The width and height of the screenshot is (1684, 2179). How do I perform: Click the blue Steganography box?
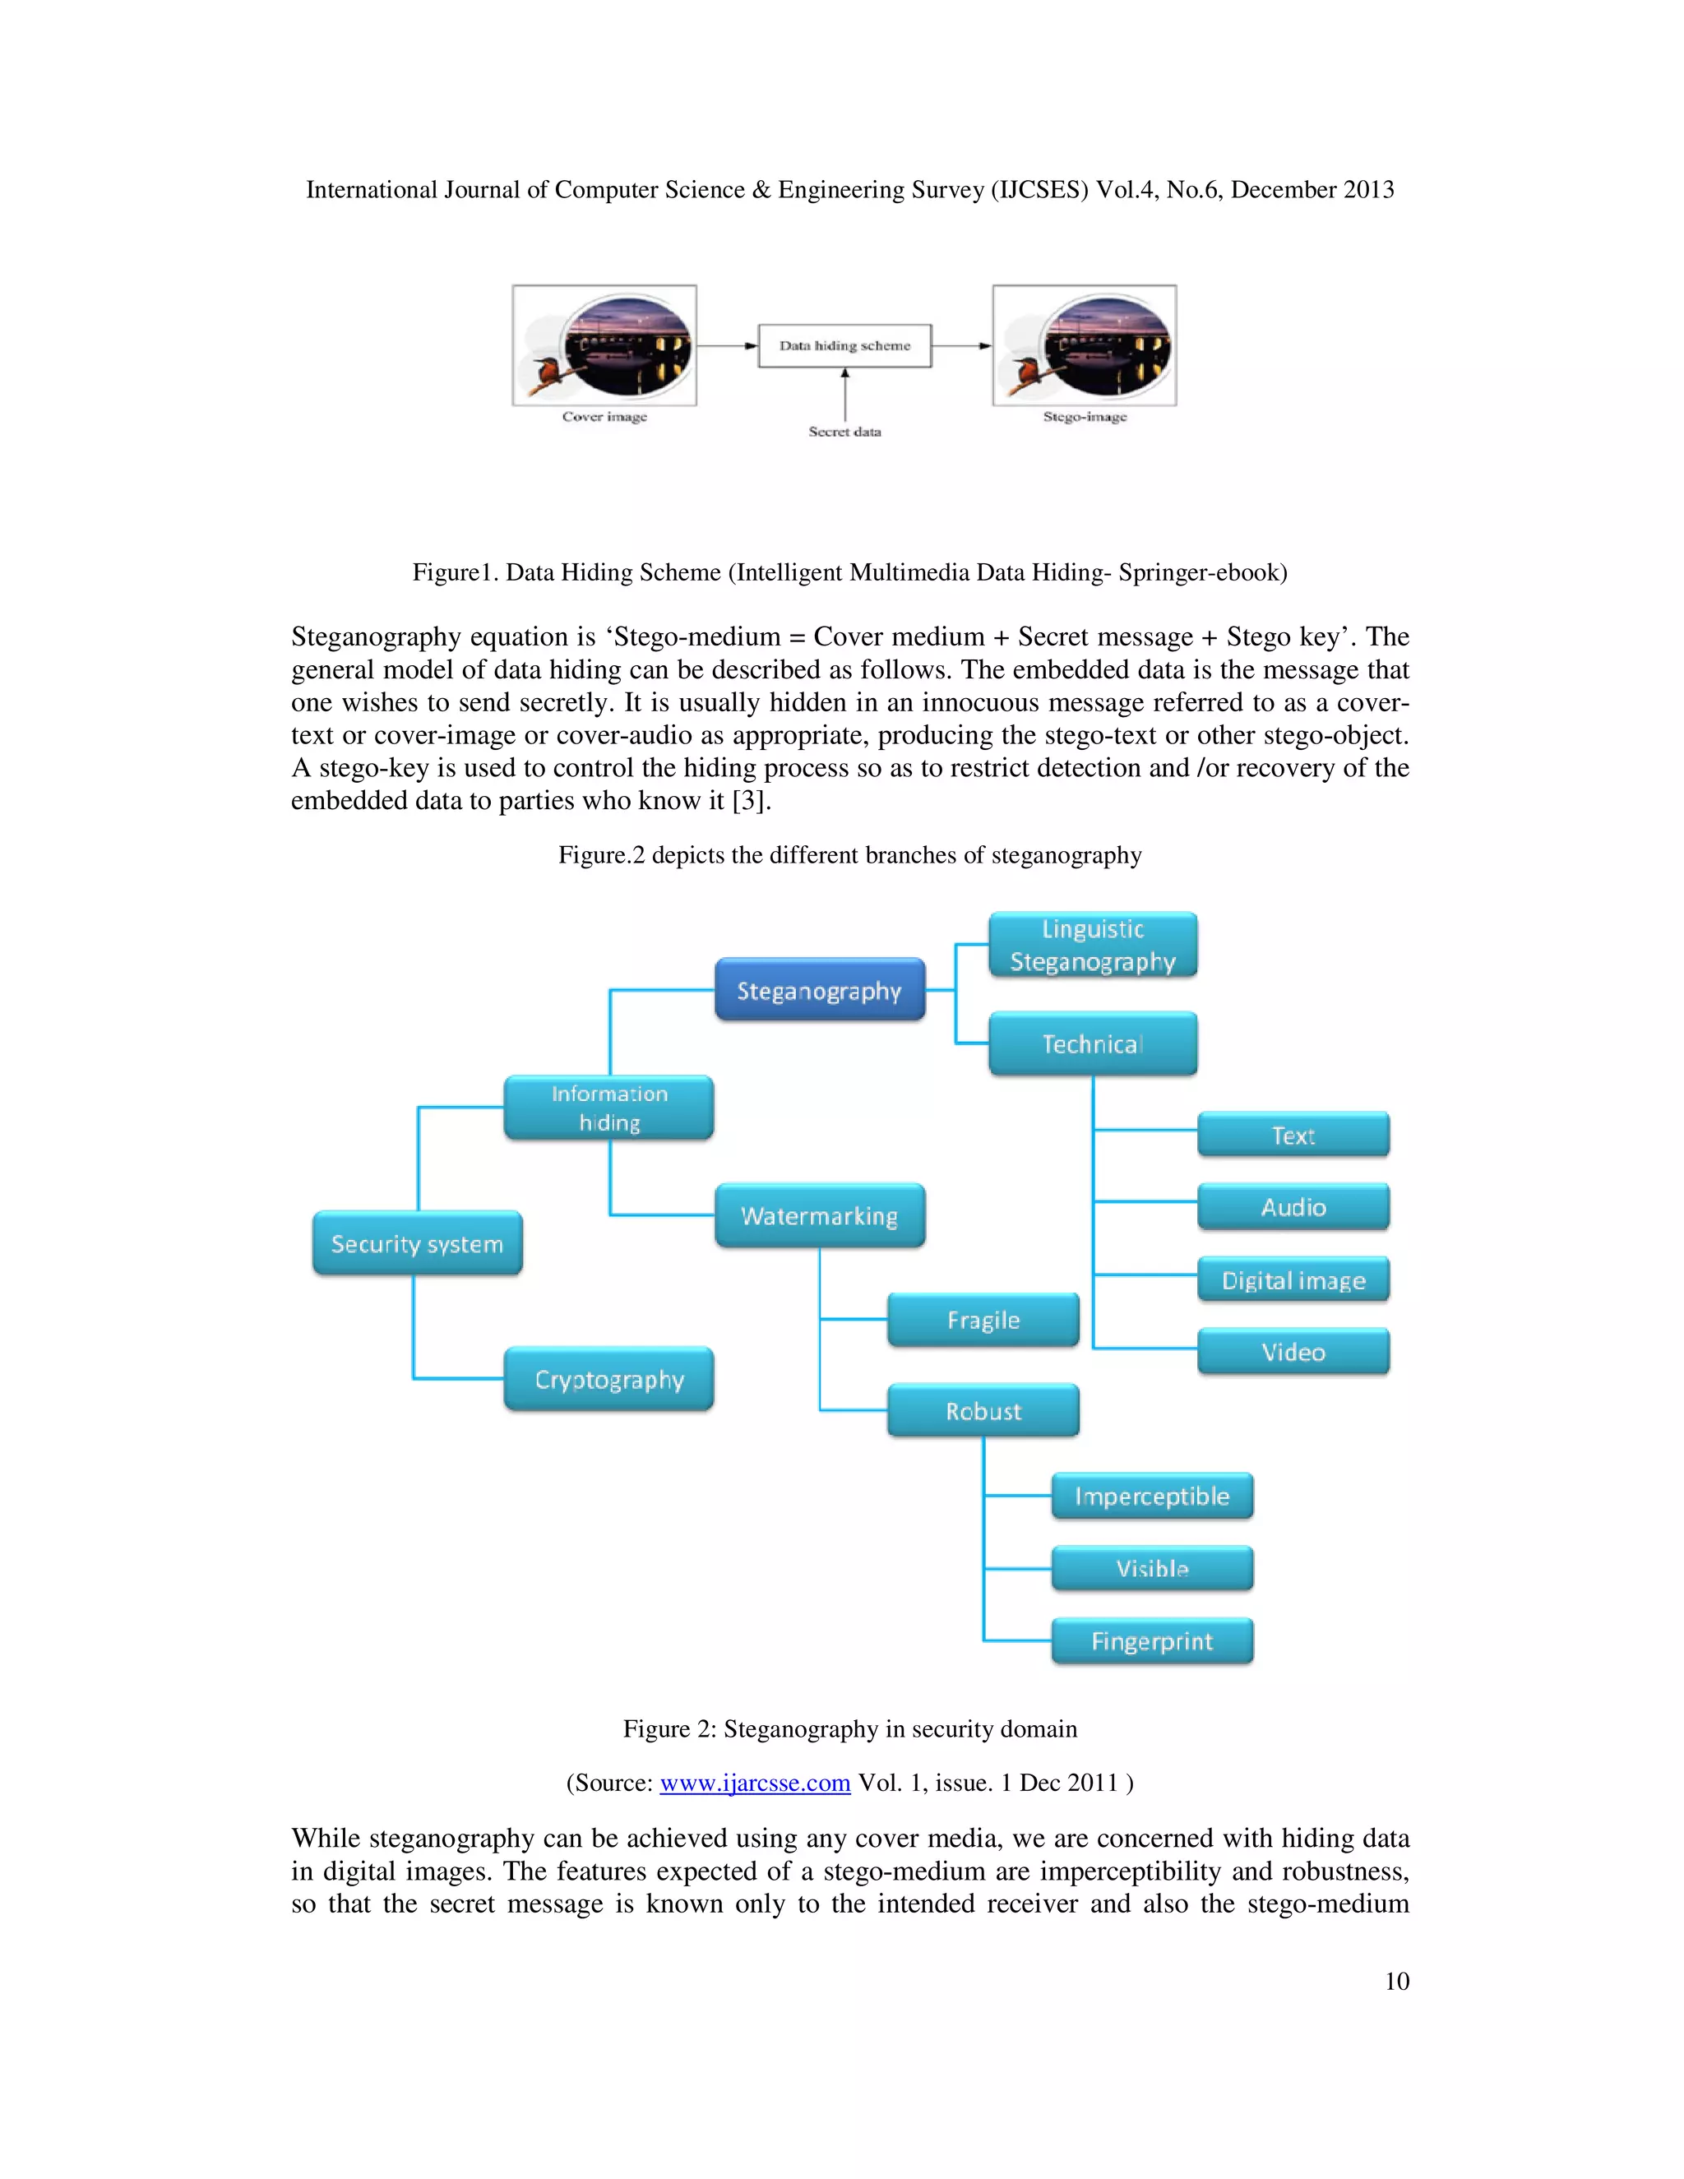(819, 990)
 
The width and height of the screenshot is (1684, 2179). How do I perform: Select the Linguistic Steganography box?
(1093, 945)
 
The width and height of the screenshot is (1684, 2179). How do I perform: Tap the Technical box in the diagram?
(1093, 1043)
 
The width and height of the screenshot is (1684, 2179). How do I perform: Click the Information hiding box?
(608, 1108)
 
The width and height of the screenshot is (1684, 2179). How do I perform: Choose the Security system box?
(417, 1243)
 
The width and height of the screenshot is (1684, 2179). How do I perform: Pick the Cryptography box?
(608, 1379)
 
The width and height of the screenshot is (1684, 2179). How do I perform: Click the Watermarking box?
(819, 1215)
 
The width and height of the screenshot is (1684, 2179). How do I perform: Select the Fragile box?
(983, 1320)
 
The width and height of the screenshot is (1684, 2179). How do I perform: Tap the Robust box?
(983, 1411)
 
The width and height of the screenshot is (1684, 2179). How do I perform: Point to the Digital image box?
(1293, 1280)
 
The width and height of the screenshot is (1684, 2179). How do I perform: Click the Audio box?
(1293, 1207)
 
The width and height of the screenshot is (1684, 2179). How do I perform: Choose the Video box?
(1293, 1352)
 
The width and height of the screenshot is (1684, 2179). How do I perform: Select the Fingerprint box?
(1152, 1641)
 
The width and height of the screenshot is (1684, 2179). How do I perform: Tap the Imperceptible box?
(1152, 1497)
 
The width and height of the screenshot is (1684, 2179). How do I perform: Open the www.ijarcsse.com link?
(754, 1783)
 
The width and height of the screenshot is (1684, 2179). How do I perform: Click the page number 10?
(1397, 1982)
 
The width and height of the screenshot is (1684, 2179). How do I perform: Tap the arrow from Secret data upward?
(845, 395)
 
